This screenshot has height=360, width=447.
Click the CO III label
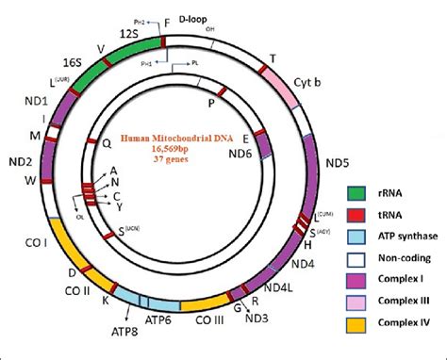pyautogui.click(x=210, y=319)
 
